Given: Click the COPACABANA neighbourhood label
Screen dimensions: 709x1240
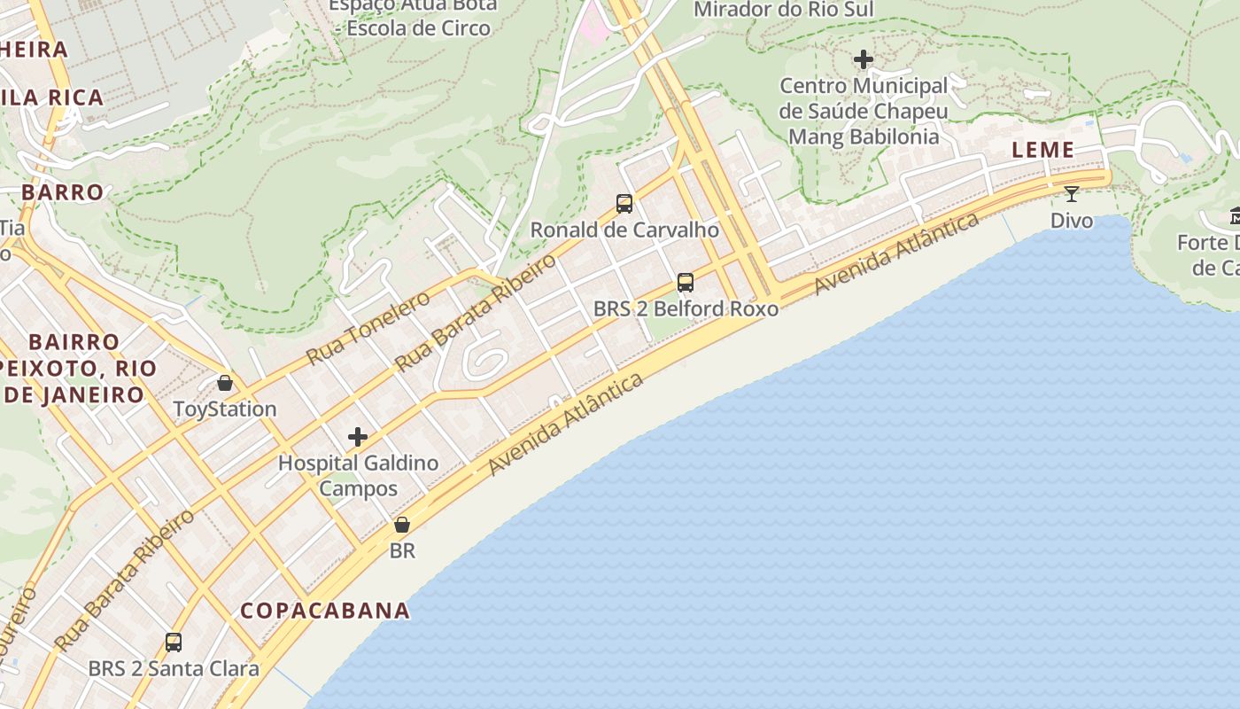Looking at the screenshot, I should point(325,611).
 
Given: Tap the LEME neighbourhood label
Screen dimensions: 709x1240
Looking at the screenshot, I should point(1043,150).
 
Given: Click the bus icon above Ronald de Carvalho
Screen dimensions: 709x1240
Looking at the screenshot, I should point(624,204).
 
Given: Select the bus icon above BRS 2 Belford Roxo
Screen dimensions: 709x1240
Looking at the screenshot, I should point(686,283).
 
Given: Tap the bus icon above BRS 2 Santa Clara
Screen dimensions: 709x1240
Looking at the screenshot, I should point(174,642).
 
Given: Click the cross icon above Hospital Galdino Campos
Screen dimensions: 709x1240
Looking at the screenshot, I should point(358,437).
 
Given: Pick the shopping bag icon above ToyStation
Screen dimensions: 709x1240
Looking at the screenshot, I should point(225,383).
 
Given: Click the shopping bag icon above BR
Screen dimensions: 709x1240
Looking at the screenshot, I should point(402,525).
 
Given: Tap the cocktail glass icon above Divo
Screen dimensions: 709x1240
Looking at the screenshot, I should point(1072,193).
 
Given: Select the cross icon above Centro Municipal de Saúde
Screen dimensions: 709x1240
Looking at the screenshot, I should point(864,60).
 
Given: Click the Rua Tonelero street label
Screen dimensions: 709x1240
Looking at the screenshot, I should point(368,327).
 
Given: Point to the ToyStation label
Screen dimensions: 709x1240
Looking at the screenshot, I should point(225,409).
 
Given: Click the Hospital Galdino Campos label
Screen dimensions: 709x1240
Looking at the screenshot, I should point(358,476).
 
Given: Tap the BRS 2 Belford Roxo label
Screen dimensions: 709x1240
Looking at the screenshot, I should point(686,309).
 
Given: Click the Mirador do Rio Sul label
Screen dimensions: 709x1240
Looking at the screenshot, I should point(783,10).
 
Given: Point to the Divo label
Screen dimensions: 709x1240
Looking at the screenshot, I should point(1072,220).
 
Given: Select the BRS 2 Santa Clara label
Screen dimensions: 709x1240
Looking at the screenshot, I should point(174,668).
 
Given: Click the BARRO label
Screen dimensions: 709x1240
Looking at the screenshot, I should point(62,192).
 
